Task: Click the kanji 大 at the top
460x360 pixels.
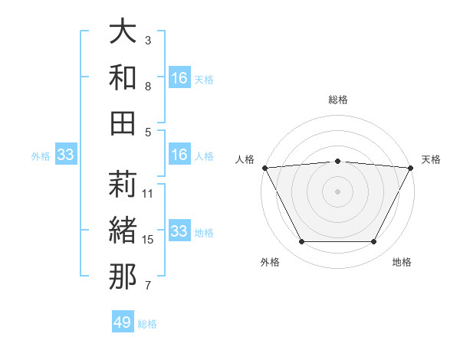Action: [x=123, y=32]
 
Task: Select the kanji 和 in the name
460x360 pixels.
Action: [x=123, y=77]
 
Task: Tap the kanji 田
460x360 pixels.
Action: [x=123, y=123]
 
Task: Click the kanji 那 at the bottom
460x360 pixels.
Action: [x=123, y=277]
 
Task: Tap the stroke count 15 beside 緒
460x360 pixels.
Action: [x=148, y=240]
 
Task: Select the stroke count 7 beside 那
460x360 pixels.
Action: [x=148, y=286]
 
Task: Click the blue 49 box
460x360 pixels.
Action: [x=123, y=322]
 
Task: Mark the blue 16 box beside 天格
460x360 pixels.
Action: [x=179, y=78]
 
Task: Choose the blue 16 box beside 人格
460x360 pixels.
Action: [x=179, y=155]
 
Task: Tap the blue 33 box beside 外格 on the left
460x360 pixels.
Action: [x=66, y=155]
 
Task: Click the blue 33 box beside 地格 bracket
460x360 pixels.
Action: [x=179, y=231]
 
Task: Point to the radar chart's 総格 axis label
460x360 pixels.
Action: [x=338, y=100]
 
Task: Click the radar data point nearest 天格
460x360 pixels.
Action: [x=412, y=167]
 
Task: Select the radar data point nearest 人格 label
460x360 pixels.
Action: [x=264, y=167]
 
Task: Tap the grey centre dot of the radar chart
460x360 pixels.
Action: [x=338, y=191]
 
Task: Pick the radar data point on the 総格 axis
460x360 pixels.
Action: [x=338, y=161]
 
